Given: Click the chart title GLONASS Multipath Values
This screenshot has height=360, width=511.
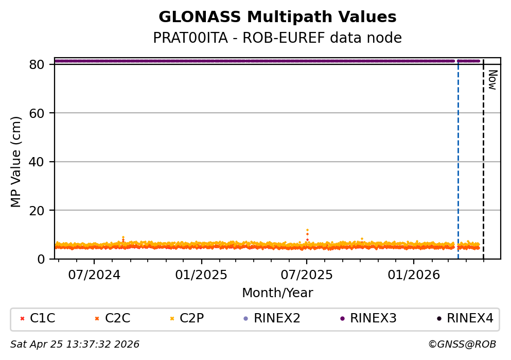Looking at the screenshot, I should tap(277, 17).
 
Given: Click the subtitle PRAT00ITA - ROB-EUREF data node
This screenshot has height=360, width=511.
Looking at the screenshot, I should tap(277, 38).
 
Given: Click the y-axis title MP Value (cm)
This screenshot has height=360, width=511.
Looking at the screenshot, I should tap(16, 162).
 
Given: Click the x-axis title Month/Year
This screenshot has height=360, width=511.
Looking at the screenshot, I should tap(277, 293).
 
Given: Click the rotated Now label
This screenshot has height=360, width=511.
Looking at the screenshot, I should tap(492, 80).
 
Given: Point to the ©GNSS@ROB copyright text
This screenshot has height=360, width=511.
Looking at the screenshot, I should tap(462, 344).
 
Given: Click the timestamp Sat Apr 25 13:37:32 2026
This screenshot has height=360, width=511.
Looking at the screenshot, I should tap(75, 344).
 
